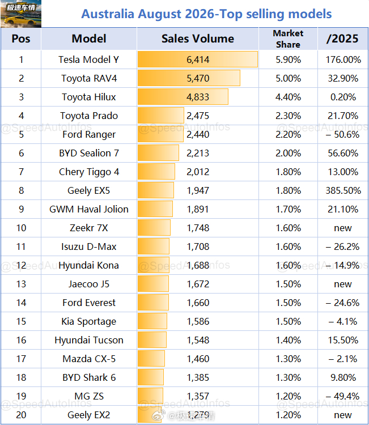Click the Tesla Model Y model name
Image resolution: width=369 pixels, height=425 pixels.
(88, 59)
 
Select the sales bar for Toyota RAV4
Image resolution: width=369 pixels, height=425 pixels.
(189, 78)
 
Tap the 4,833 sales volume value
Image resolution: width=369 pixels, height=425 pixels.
(198, 97)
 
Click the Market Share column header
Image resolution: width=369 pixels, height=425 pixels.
(288, 39)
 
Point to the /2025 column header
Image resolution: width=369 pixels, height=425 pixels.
(342, 39)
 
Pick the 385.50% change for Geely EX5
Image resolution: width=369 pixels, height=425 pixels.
(343, 190)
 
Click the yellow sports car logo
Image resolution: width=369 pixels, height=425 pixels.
(21, 14)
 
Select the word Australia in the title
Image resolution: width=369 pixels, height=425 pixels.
(108, 14)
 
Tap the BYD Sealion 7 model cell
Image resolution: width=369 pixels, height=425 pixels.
(89, 153)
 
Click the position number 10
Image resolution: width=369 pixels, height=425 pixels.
(21, 228)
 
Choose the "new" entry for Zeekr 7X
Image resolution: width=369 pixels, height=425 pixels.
(343, 228)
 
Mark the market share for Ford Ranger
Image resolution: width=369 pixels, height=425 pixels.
(288, 134)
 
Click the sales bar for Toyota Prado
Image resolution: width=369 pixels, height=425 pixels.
(161, 116)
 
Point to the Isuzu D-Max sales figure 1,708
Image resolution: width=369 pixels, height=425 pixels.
(198, 246)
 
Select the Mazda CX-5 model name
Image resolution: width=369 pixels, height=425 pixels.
(89, 359)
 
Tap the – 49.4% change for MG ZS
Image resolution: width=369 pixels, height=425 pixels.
(343, 396)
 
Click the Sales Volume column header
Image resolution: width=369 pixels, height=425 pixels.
(198, 39)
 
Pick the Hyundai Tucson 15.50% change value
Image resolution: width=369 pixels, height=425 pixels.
(343, 340)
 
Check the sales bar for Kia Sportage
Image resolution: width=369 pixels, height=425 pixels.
(152, 321)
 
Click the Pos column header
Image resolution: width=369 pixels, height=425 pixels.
(21, 39)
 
